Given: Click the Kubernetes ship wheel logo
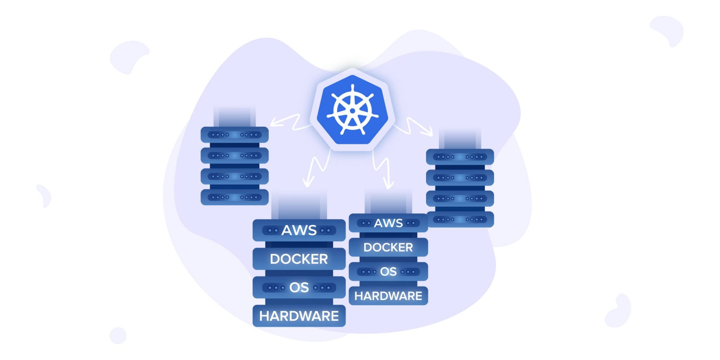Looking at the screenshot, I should (352, 110).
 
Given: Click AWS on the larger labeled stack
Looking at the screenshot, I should (299, 230).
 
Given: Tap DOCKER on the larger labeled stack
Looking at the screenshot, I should (299, 259).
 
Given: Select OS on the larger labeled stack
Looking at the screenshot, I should (299, 287).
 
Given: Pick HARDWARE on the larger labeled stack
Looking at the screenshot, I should (299, 316).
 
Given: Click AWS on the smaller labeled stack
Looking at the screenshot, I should (388, 223).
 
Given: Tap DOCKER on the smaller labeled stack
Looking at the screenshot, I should (388, 247).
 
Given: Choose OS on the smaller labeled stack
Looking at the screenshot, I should (388, 271).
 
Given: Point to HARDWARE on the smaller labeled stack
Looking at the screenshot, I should (388, 296).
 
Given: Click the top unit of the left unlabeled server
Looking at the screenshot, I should (234, 135).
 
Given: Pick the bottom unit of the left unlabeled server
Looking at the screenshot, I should (234, 197).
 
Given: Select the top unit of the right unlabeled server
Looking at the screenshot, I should (460, 157).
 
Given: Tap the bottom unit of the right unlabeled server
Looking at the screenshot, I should (460, 219).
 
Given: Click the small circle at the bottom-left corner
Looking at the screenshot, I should (118, 335).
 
